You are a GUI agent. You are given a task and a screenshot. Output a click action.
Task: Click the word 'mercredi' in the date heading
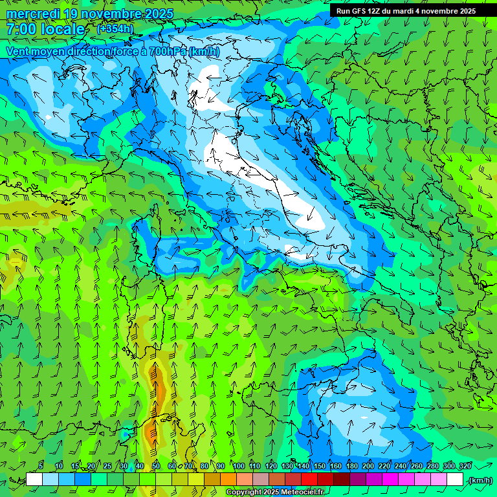coord(33,14)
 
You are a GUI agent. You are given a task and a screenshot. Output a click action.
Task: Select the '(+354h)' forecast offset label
coord(116,28)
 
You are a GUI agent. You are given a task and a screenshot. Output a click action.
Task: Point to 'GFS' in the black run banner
coord(359,10)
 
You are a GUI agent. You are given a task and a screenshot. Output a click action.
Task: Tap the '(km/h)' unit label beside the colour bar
coord(480,480)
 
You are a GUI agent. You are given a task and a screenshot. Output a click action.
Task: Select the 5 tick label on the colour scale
coord(41,467)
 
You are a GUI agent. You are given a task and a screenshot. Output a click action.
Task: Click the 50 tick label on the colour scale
coord(156,467)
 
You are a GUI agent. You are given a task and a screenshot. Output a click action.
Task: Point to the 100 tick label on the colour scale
coord(239,467)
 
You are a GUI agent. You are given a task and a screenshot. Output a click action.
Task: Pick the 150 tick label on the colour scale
coord(320,467)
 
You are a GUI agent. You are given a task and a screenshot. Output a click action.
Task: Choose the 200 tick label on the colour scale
coord(368,467)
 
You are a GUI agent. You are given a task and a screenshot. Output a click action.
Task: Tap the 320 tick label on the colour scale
coord(465,467)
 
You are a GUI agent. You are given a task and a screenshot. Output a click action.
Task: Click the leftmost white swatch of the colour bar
coord(34,480)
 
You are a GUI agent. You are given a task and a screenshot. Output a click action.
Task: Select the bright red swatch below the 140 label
coord(309,480)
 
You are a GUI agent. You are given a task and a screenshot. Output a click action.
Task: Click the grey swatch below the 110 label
coord(261,480)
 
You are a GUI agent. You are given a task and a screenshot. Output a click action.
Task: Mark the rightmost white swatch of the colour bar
coord(455,480)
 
